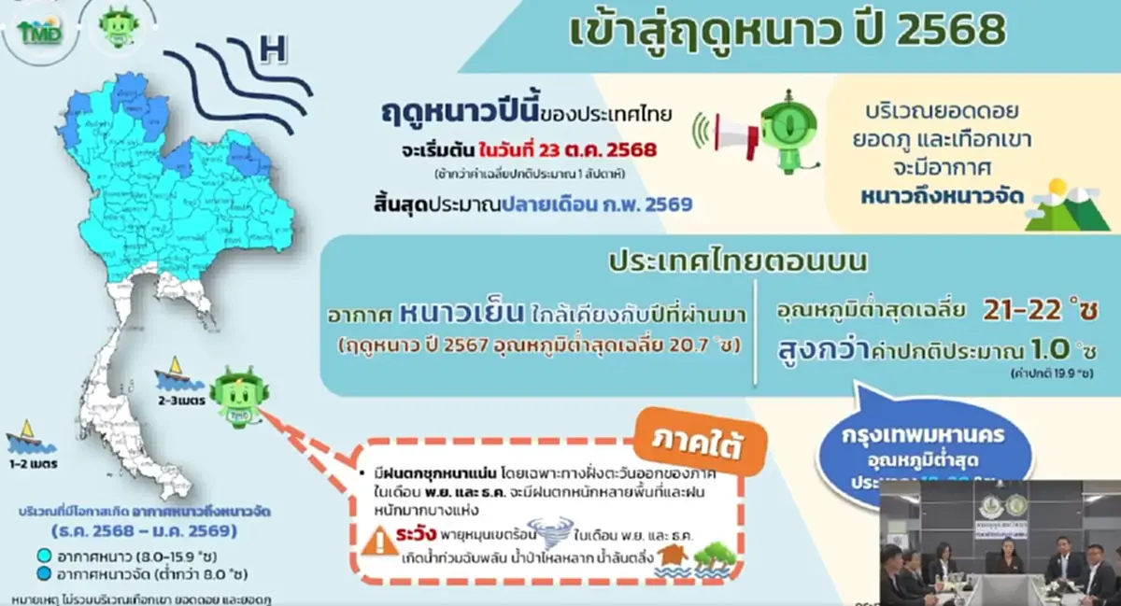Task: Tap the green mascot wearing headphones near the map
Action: point(232,396)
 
